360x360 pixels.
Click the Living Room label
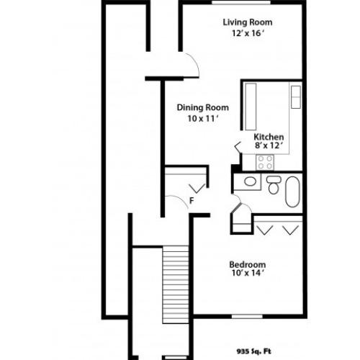247,22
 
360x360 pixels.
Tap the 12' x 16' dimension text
247,33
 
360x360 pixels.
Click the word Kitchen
268,136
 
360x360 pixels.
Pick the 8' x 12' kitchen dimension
268,146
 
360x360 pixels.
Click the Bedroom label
248,264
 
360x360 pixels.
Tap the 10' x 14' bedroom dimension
248,274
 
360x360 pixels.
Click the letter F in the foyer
192,200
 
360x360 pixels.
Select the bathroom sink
250,181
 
